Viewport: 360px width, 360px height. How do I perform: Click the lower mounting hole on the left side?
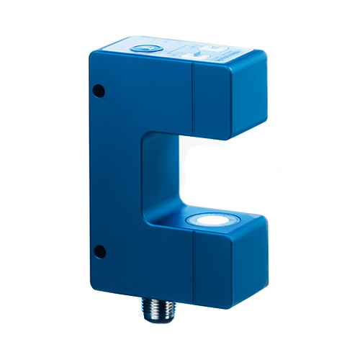coord(101,251)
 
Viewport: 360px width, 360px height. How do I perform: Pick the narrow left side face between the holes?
coord(102,173)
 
